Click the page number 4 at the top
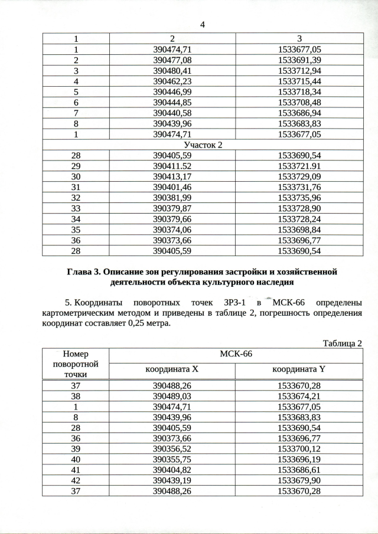203,25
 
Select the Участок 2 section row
203,145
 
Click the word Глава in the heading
82,272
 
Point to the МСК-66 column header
236,355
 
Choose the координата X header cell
172,370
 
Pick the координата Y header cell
299,370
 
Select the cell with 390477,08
172,60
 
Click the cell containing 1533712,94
299,70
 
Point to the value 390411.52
172,166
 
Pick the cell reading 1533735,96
299,197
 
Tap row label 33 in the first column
76,208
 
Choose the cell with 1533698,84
299,229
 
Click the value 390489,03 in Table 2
172,396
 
